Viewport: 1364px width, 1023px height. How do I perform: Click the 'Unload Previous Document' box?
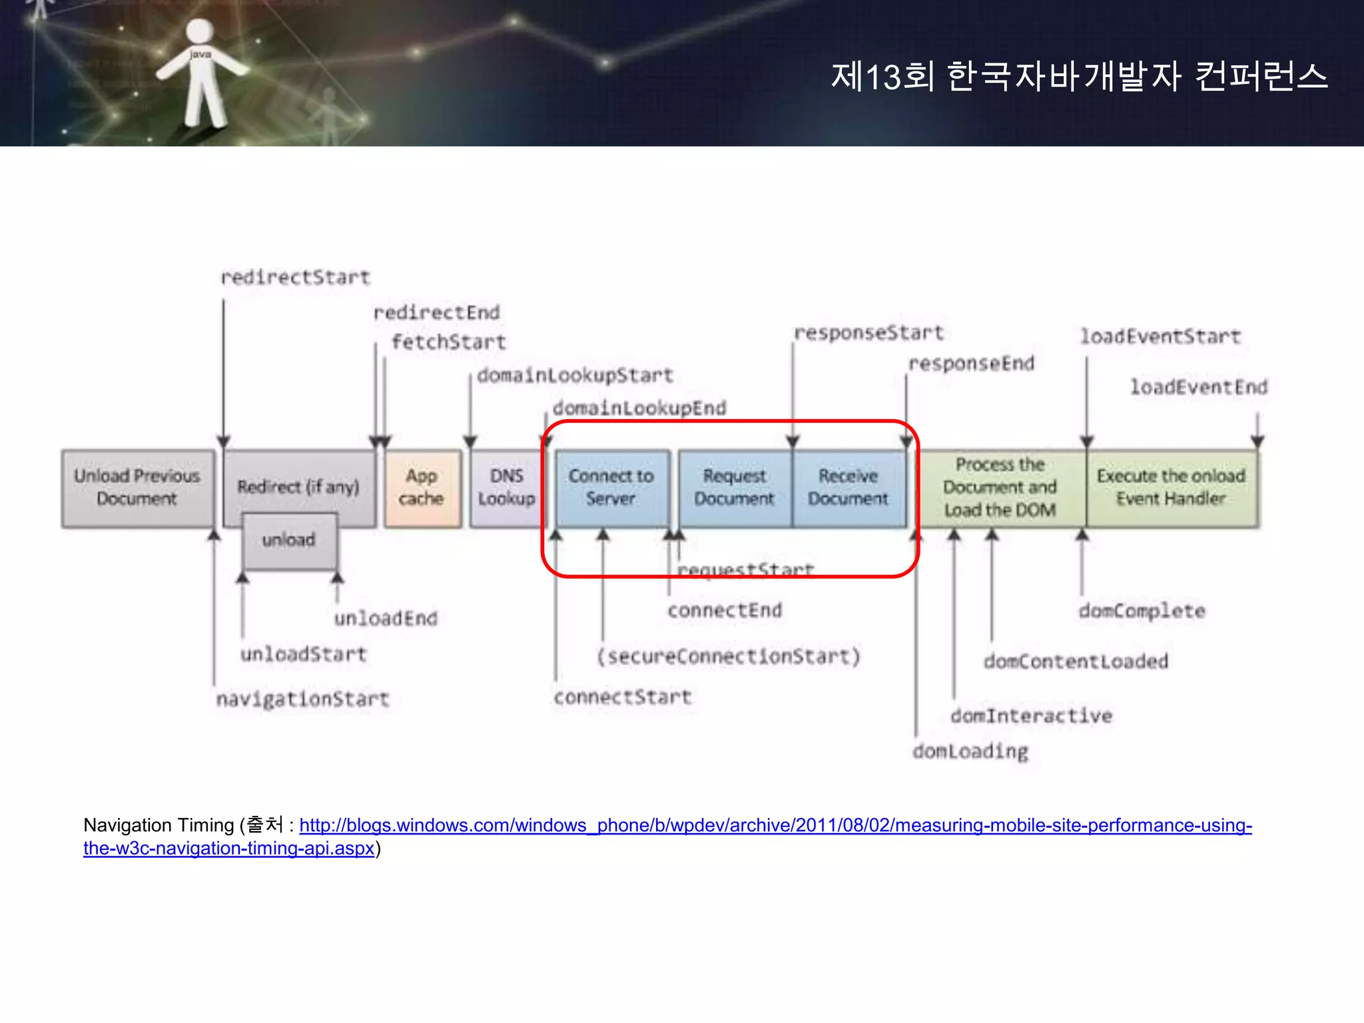click(x=137, y=488)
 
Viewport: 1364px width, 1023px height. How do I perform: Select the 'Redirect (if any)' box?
click(x=298, y=486)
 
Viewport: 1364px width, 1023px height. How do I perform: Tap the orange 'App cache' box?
click(x=422, y=488)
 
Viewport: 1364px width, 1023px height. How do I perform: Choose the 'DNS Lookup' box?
click(x=506, y=488)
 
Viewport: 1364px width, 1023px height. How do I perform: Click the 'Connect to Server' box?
click(x=611, y=488)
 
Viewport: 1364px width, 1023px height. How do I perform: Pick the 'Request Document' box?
click(x=735, y=488)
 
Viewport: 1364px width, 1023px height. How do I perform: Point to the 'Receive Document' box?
click(x=849, y=488)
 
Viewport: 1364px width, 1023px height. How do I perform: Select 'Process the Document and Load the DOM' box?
click(x=1000, y=488)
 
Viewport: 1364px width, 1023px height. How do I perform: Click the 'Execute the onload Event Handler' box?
click(x=1172, y=488)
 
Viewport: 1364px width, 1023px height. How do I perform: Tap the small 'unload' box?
click(x=289, y=540)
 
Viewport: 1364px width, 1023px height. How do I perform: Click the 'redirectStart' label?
click(x=295, y=277)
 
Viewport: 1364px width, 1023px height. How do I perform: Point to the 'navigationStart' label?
click(x=302, y=699)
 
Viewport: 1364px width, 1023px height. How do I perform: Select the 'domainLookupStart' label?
click(x=575, y=376)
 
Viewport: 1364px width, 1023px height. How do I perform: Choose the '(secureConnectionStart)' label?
click(x=729, y=657)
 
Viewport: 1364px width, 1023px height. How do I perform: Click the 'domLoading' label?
click(x=970, y=752)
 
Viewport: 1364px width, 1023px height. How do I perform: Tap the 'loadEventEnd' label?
click(x=1199, y=387)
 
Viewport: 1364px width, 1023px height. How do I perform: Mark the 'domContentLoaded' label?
click(x=1076, y=661)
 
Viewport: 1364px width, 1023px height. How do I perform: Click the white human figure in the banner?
click(x=200, y=73)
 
